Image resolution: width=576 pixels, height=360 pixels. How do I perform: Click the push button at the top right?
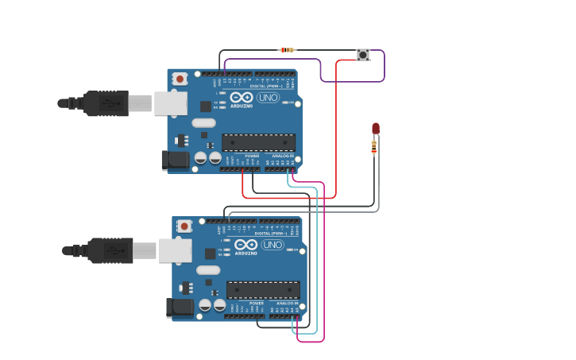click(363, 54)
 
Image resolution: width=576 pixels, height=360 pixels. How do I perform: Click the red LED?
click(376, 128)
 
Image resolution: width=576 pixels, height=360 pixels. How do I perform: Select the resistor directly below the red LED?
click(374, 146)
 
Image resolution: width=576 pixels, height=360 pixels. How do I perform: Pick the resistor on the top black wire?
click(287, 50)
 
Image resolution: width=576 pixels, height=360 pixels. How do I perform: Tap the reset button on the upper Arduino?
click(180, 79)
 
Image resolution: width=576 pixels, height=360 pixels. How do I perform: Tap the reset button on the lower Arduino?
click(184, 226)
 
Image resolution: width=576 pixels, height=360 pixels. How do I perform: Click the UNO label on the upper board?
click(268, 98)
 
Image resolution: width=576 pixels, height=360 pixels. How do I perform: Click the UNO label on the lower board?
click(273, 245)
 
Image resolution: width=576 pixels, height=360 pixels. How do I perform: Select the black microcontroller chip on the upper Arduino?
click(258, 142)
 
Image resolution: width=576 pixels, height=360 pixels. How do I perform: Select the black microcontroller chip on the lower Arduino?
click(263, 290)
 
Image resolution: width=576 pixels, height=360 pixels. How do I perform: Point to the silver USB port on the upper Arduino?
click(170, 103)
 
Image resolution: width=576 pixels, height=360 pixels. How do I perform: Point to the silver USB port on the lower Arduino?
click(175, 250)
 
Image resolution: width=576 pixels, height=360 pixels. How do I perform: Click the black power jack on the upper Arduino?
click(176, 160)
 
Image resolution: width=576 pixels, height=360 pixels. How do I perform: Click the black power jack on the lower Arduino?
click(180, 308)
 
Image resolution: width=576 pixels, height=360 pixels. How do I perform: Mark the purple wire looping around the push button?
click(385, 68)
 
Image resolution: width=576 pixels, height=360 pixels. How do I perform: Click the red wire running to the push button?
click(336, 127)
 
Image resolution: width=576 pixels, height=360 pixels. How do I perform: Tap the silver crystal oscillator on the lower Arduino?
click(208, 270)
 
